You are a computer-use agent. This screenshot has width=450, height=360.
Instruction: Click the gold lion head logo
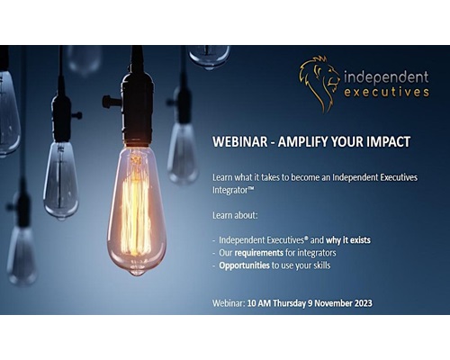tap(319, 84)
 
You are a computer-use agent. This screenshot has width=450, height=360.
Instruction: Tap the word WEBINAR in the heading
tap(240, 141)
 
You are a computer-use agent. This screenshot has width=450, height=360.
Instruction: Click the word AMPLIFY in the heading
tap(302, 141)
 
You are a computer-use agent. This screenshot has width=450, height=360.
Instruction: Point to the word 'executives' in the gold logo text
tap(386, 92)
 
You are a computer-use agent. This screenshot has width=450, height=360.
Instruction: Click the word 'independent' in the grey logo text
tap(386, 77)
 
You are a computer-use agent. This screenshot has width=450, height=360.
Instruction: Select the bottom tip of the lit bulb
tap(137, 274)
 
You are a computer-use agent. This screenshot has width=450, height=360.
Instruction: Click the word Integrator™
tap(233, 190)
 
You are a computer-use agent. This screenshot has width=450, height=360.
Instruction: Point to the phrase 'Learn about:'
tap(235, 215)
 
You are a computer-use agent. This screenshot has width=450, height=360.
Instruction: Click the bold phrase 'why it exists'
tap(348, 240)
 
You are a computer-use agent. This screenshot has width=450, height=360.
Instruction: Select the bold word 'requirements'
tap(258, 253)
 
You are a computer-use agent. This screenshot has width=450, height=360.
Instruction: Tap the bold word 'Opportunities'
tap(244, 265)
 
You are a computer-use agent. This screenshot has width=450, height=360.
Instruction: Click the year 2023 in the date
tap(364, 303)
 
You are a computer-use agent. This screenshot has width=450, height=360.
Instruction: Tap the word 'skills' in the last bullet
tap(321, 265)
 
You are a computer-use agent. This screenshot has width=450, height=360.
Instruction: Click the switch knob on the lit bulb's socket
tap(107, 102)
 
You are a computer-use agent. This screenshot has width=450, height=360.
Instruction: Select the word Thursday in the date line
tap(289, 303)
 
